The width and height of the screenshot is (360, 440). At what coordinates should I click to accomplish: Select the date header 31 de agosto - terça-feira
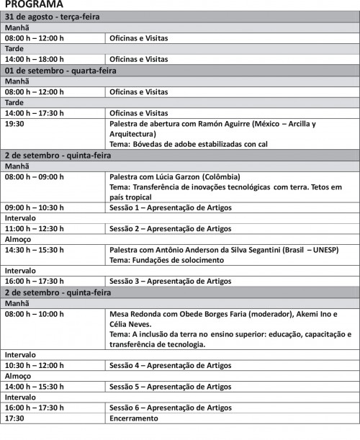tap(53, 16)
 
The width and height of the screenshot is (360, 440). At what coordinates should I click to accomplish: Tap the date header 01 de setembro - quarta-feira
tap(60, 71)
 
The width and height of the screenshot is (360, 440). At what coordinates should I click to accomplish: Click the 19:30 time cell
tap(14, 124)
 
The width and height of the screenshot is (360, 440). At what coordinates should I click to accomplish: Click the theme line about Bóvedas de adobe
tap(188, 144)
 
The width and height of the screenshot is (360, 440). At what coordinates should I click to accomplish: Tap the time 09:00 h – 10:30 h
tap(35, 207)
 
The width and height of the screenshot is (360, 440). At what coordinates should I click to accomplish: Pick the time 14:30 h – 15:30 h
tap(35, 249)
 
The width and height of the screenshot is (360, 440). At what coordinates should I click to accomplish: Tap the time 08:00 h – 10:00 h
tap(35, 314)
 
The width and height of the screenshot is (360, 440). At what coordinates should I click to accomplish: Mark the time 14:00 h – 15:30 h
tap(35, 387)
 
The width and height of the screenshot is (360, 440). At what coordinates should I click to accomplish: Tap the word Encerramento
tap(133, 418)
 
